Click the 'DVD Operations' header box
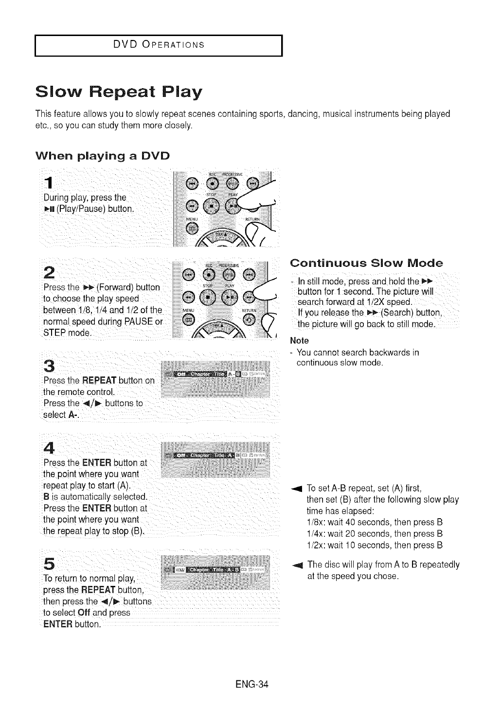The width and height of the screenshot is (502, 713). pyautogui.click(x=159, y=46)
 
